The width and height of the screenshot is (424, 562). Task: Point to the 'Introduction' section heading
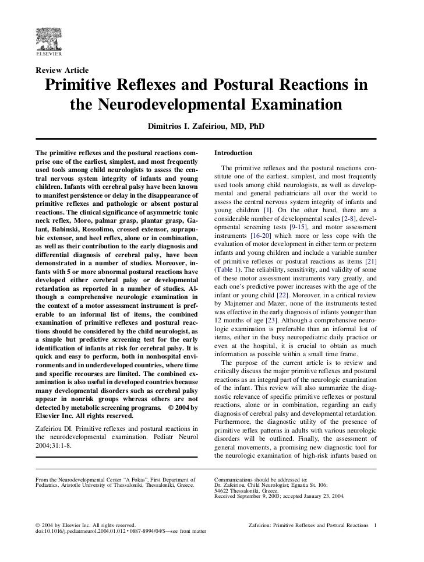click(233, 153)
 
